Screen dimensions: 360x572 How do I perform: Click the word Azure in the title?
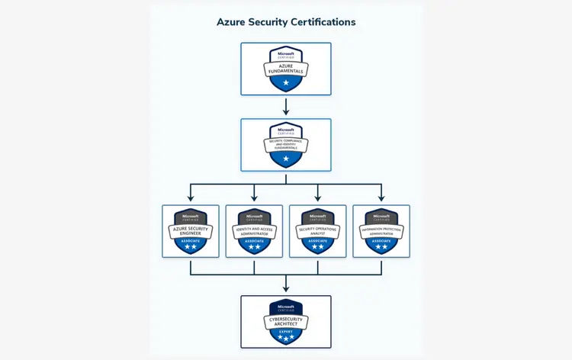point(232,22)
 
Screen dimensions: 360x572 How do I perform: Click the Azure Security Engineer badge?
point(191,230)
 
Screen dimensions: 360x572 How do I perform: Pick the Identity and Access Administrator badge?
point(254,230)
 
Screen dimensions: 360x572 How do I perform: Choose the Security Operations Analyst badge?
point(318,230)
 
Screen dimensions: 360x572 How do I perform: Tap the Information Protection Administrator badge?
point(381,230)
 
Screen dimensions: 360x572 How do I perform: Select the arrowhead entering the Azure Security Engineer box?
point(191,198)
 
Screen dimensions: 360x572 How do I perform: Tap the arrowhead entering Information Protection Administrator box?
point(381,198)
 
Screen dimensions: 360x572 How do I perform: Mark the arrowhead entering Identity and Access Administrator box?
point(254,198)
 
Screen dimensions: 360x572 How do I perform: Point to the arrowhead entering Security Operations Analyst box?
point(318,198)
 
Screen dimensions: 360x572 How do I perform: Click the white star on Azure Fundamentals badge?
point(286,82)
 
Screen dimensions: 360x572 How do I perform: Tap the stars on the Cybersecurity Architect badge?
point(286,336)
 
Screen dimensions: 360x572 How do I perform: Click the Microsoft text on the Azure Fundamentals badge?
point(286,53)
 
